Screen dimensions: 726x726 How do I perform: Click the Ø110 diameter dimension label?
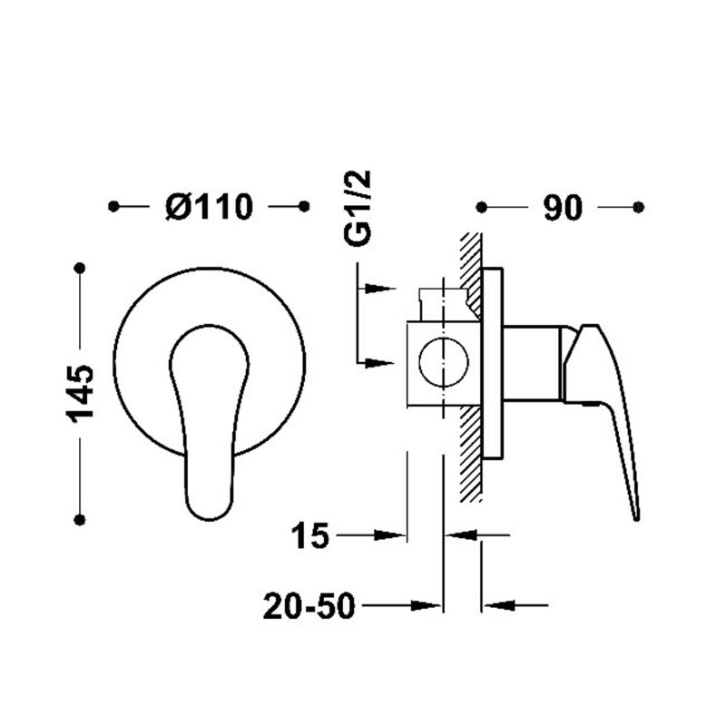coord(210,207)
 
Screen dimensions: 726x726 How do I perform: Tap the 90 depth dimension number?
coord(563,208)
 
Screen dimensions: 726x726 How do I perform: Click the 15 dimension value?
coord(309,535)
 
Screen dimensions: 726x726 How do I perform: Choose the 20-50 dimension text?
coord(309,606)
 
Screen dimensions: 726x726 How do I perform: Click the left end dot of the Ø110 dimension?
coord(113,207)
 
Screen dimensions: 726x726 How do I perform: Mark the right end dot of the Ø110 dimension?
coord(304,207)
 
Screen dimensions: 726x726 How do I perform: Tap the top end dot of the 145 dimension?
coord(80,268)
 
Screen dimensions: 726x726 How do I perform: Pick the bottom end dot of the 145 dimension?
coord(80,520)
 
